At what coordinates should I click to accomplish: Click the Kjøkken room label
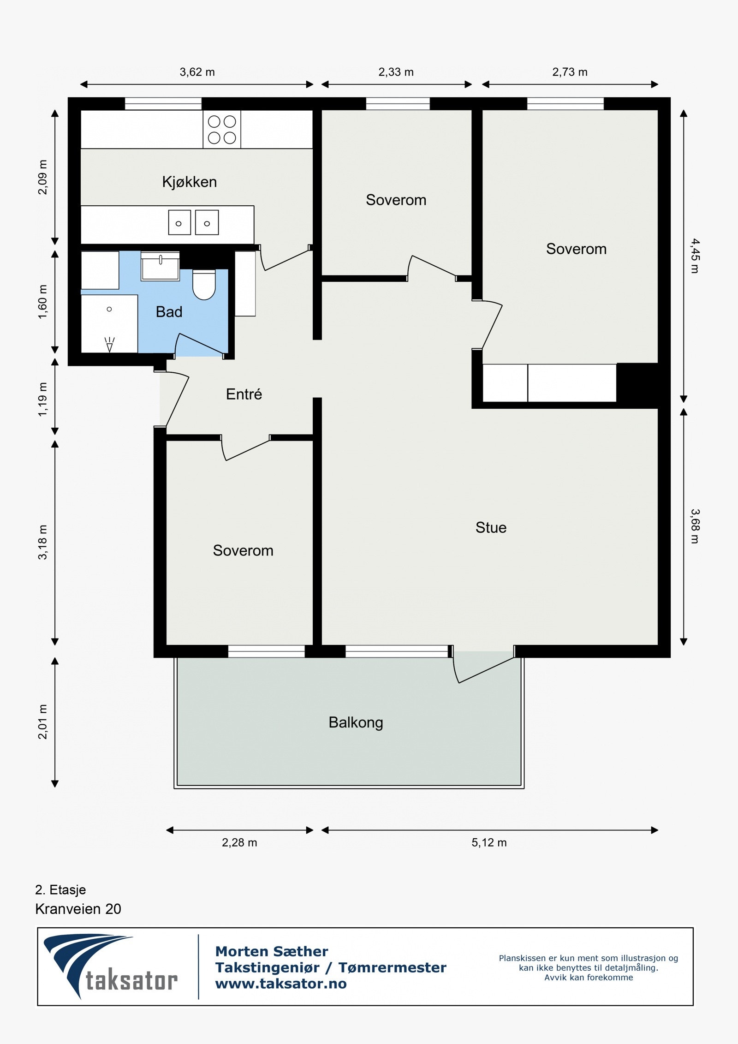[x=189, y=182]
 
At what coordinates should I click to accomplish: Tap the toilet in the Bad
[x=204, y=285]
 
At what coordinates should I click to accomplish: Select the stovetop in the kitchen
[x=222, y=130]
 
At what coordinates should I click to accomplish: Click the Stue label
[x=491, y=527]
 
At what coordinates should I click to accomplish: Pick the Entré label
[x=244, y=394]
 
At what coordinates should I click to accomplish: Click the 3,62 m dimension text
[x=197, y=72]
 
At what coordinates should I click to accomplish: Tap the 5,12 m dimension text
[x=489, y=842]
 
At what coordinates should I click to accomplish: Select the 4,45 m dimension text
[x=695, y=256]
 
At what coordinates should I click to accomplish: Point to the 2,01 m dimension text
[x=42, y=722]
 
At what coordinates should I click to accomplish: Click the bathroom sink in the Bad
[x=160, y=266]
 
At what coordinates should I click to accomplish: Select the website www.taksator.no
[x=281, y=983]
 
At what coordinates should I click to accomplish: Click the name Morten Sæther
[x=272, y=951]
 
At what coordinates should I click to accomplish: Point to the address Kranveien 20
[x=78, y=909]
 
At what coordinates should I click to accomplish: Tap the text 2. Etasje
[x=60, y=889]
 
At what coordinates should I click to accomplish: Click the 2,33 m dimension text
[x=396, y=72]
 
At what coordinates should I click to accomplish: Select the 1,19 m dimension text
[x=42, y=399]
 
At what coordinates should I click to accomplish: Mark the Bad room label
[x=169, y=312]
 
